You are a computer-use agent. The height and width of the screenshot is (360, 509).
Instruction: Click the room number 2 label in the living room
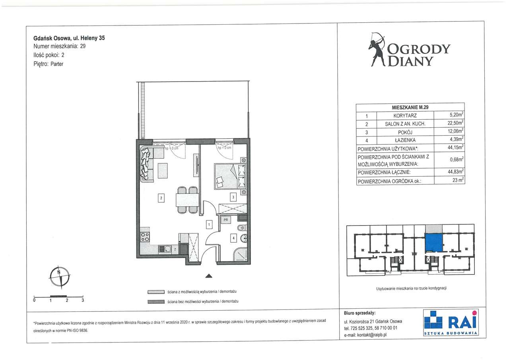(161, 198)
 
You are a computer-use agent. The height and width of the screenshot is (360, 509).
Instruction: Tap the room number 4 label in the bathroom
(233, 238)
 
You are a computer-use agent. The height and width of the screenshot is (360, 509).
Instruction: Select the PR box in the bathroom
(225, 220)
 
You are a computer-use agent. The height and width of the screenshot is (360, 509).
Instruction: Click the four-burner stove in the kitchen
(145, 236)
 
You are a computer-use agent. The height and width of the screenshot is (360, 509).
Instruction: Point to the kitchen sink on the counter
(165, 249)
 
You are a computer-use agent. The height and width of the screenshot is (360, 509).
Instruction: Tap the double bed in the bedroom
(230, 177)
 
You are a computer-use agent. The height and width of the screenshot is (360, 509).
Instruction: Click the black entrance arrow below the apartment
(209, 276)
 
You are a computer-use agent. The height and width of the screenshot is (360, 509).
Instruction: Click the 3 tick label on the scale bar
(83, 300)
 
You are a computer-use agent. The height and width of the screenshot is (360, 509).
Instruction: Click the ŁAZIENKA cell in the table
(405, 140)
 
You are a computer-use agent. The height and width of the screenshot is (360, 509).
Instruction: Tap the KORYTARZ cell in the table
(405, 115)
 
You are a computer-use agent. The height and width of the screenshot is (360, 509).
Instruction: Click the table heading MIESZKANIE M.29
(410, 107)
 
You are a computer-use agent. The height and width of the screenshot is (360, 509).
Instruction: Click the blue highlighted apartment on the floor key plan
(433, 243)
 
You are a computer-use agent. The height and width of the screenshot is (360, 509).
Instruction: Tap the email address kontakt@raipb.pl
(372, 335)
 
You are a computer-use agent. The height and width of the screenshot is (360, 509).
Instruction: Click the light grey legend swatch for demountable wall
(156, 292)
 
